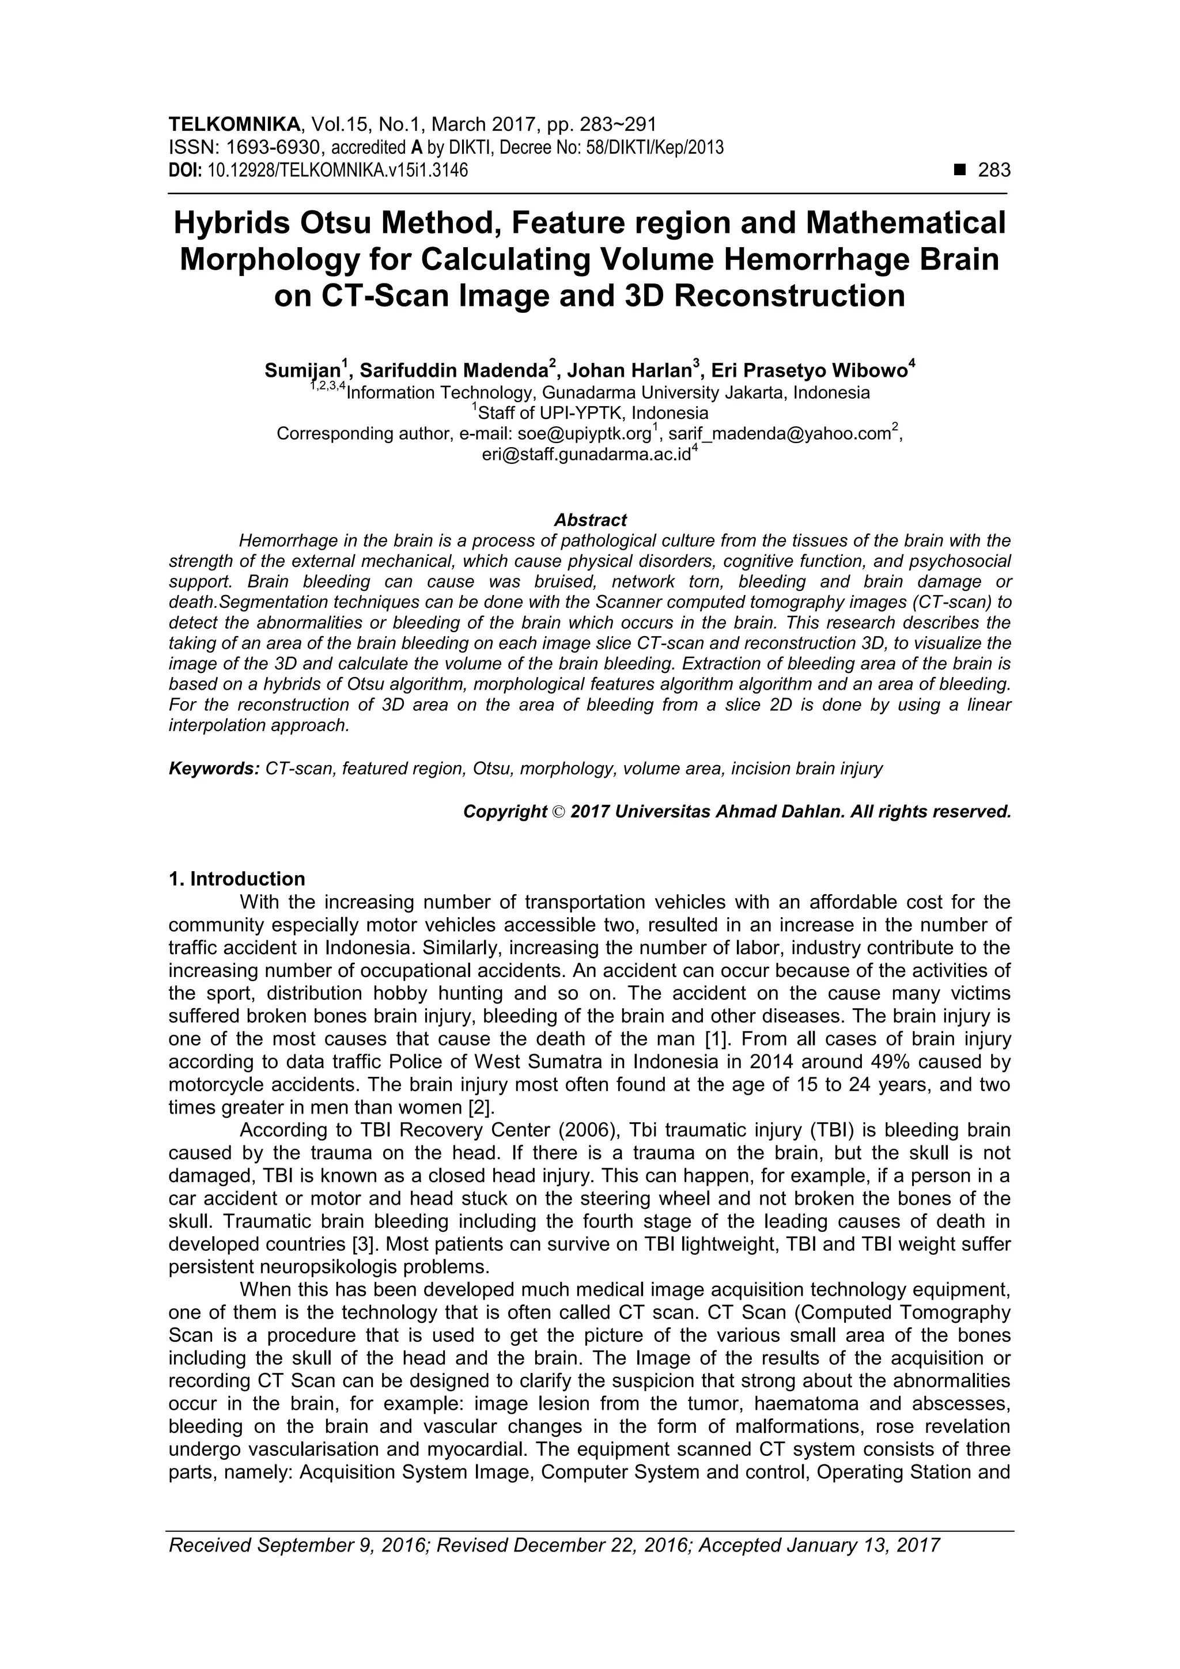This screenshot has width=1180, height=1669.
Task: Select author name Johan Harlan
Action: point(629,372)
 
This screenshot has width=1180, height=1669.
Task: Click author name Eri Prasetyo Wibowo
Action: point(808,372)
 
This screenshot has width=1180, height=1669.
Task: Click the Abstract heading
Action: point(589,520)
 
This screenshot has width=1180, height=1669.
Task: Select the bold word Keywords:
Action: point(214,769)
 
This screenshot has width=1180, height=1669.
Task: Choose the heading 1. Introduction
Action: point(236,880)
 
